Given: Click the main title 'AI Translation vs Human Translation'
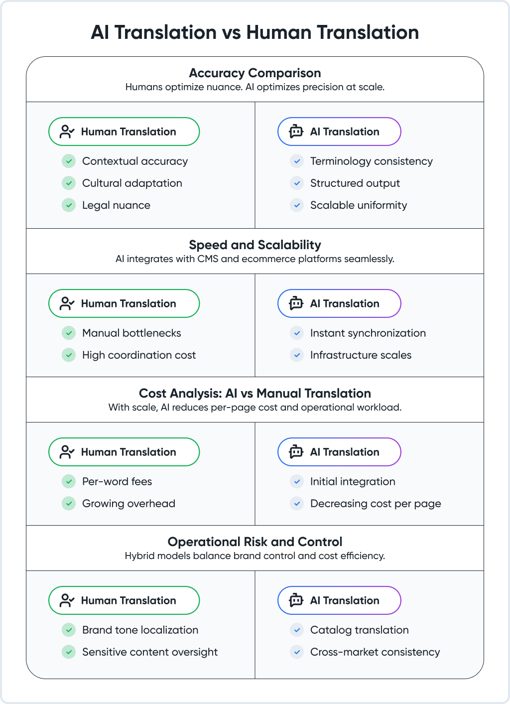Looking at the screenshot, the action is click(255, 32).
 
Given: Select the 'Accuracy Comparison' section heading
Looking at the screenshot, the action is click(255, 73).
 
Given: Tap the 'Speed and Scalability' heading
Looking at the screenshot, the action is click(255, 245).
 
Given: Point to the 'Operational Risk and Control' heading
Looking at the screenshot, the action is click(255, 542).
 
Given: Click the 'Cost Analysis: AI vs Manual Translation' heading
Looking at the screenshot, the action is click(255, 393).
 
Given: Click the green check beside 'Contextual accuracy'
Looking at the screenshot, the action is click(69, 161).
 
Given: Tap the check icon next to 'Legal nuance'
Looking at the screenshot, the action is click(69, 205).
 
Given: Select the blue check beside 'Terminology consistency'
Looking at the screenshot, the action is click(297, 161).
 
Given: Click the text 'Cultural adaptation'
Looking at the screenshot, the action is click(132, 183).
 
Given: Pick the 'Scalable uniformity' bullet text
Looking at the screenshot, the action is click(359, 205).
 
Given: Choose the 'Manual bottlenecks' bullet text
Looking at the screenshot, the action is click(131, 333).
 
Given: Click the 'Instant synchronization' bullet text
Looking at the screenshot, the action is click(368, 333).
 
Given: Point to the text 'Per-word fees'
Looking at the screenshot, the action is click(117, 481).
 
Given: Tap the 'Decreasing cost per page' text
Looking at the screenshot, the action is click(376, 504).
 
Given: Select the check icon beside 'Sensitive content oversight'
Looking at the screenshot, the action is click(69, 652).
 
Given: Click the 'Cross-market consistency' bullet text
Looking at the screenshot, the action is click(375, 652).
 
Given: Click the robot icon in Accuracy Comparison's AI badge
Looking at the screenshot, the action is click(296, 132).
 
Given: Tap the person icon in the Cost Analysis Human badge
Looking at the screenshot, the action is click(67, 452).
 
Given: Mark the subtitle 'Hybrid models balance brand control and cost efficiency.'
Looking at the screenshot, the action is click(255, 556).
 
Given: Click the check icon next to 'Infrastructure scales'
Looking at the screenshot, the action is click(297, 355).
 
